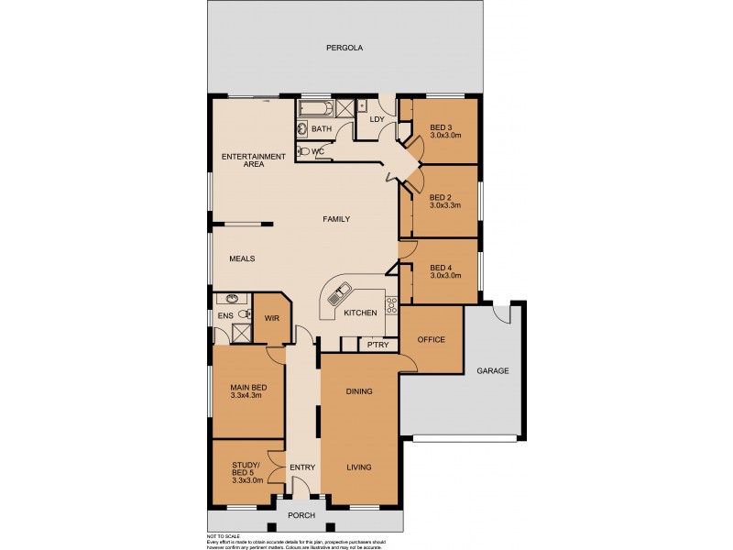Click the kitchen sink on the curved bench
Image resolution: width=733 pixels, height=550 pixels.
point(336,295)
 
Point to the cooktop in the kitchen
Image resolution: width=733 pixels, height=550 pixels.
point(391,305)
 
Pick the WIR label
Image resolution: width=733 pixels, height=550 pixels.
point(271,318)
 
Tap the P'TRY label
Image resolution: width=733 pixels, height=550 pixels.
point(376,345)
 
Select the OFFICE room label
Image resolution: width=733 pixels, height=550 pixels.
point(431,339)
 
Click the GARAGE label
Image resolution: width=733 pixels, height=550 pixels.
point(491,371)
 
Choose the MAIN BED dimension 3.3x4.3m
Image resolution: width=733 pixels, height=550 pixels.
point(246,395)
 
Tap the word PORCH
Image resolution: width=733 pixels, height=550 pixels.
point(301,515)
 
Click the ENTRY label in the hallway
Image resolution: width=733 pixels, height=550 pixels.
point(302,467)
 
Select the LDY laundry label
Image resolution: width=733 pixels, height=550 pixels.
point(376,119)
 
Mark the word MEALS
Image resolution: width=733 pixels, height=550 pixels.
point(242,258)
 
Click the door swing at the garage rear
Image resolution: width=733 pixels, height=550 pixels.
point(502,313)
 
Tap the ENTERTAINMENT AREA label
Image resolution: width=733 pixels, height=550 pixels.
point(254,160)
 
